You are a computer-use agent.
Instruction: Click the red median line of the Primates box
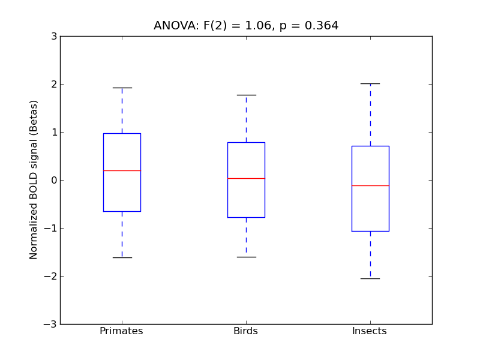point(122,170)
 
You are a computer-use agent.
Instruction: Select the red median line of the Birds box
point(246,178)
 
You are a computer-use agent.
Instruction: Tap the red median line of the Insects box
point(370,185)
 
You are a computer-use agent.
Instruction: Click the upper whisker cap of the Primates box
point(122,88)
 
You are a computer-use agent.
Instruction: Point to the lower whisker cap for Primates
point(122,257)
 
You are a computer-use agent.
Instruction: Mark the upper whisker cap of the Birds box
point(246,95)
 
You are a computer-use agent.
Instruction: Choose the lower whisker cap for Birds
point(246,257)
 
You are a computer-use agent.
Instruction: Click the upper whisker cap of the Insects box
point(370,83)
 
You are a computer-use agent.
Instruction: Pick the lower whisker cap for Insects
point(370,278)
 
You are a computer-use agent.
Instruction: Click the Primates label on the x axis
point(121,331)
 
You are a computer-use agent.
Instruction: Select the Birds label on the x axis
point(245,331)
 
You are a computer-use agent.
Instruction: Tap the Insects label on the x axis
point(370,331)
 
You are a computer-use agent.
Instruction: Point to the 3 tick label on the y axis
point(54,36)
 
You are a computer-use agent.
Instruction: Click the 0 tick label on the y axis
point(54,180)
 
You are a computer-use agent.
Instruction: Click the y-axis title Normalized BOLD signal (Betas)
point(34,180)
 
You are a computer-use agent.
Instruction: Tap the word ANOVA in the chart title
point(172,26)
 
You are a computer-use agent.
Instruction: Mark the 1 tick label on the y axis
point(54,132)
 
